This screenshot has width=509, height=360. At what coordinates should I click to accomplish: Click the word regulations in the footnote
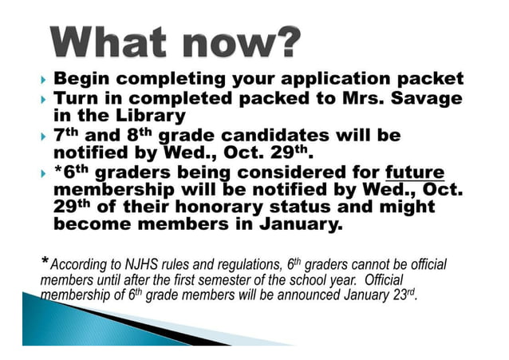tap(244, 263)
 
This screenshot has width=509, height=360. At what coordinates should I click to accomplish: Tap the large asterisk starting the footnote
tap(44, 261)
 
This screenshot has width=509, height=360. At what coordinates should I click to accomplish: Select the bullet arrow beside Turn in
tap(42, 99)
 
